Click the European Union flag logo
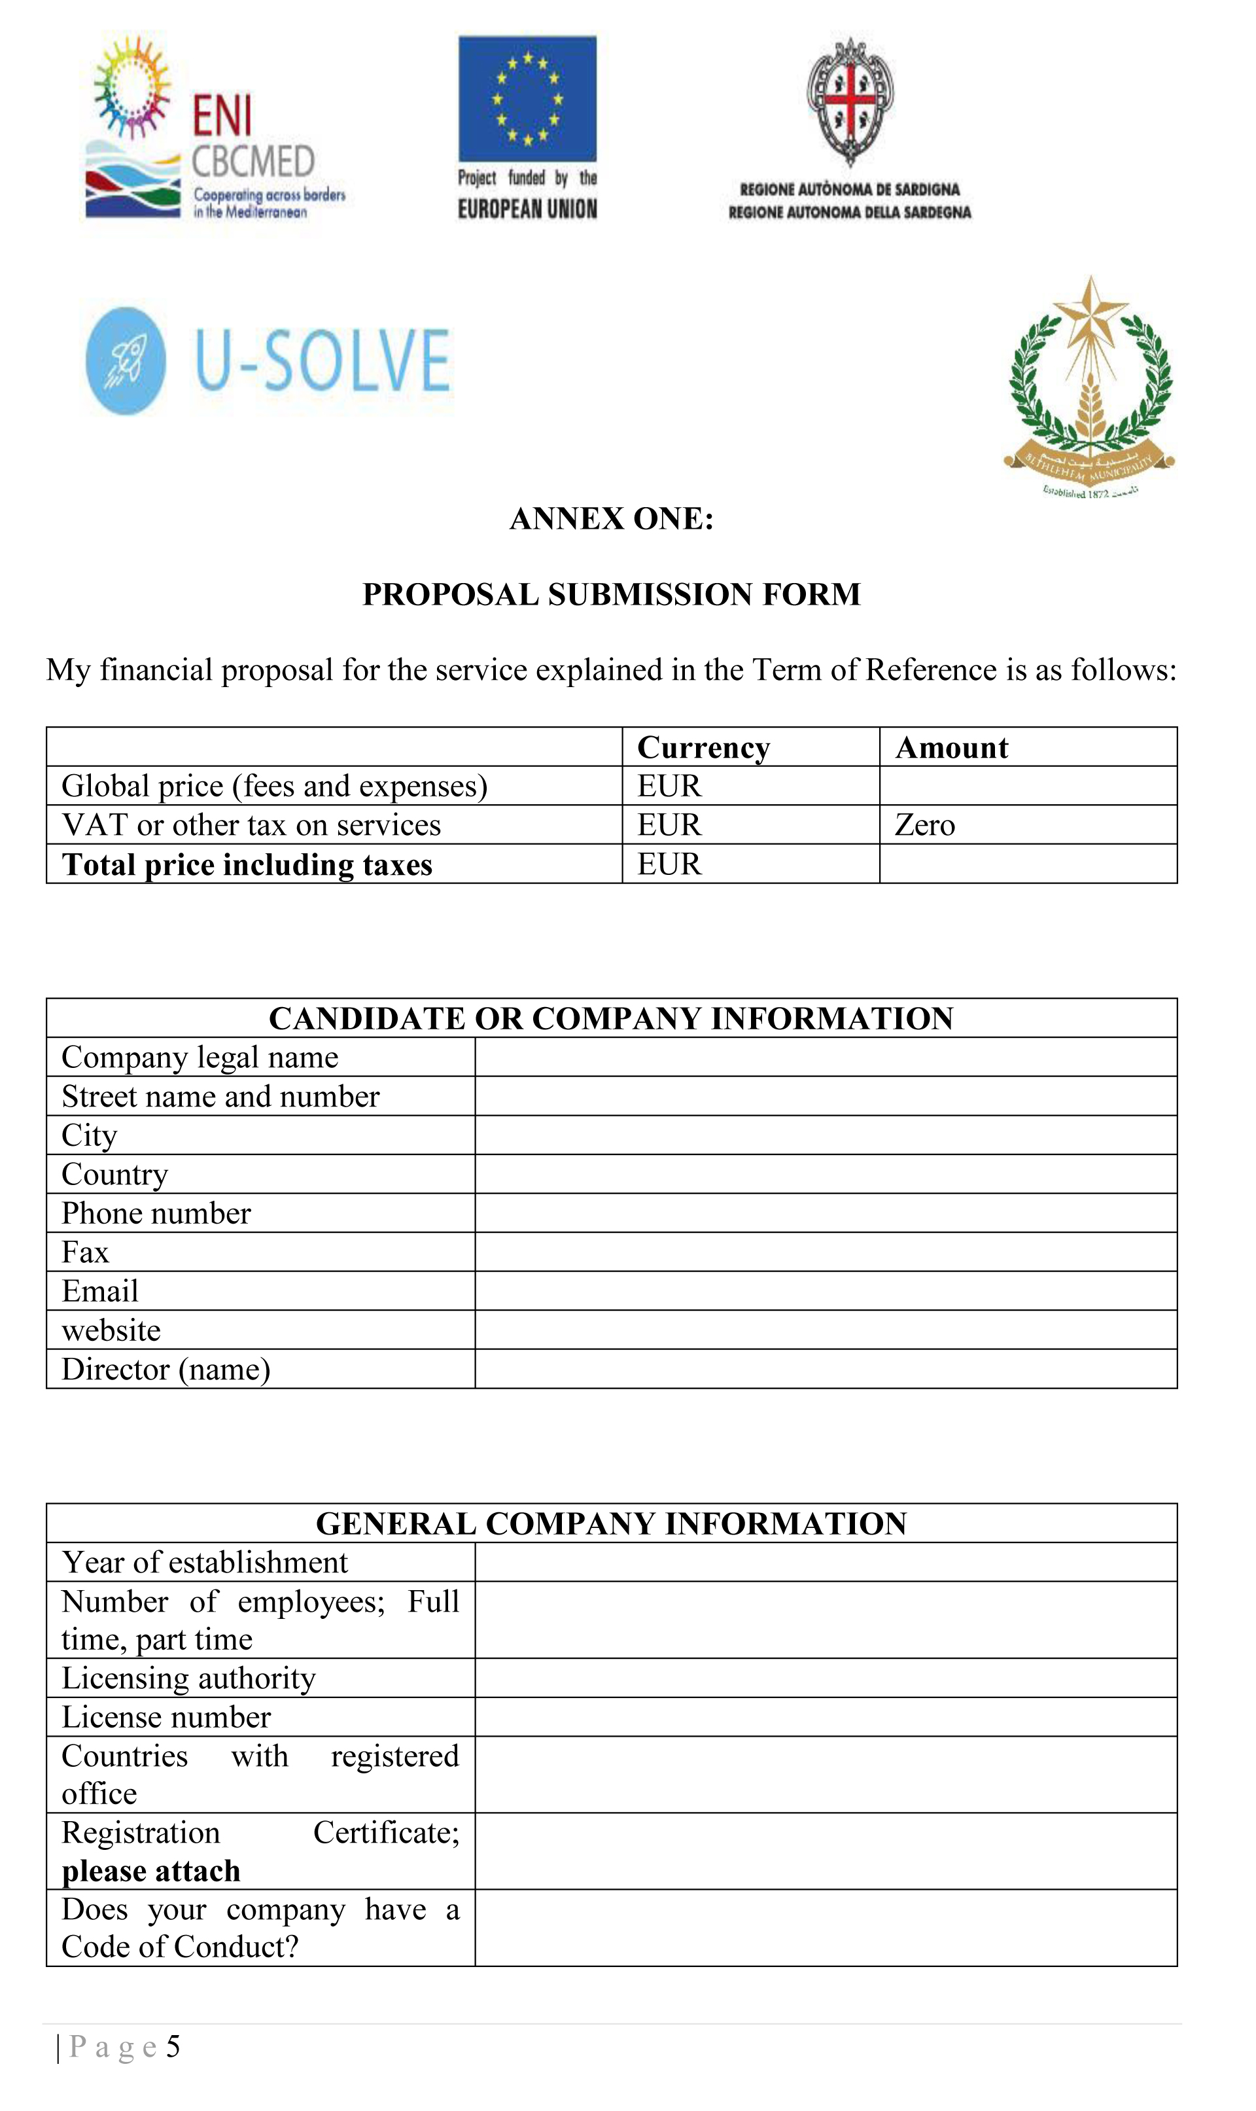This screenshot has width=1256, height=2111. [527, 98]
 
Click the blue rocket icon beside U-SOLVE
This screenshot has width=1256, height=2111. [126, 361]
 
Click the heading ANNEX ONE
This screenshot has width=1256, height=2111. [611, 519]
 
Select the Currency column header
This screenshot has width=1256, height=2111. [703, 747]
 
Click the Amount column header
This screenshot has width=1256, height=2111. [951, 747]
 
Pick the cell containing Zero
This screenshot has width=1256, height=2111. [925, 825]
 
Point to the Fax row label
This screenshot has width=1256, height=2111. [86, 1252]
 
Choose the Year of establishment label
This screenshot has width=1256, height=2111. [205, 1563]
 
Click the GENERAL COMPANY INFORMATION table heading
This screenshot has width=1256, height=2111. [611, 1523]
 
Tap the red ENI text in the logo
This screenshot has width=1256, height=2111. [222, 115]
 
